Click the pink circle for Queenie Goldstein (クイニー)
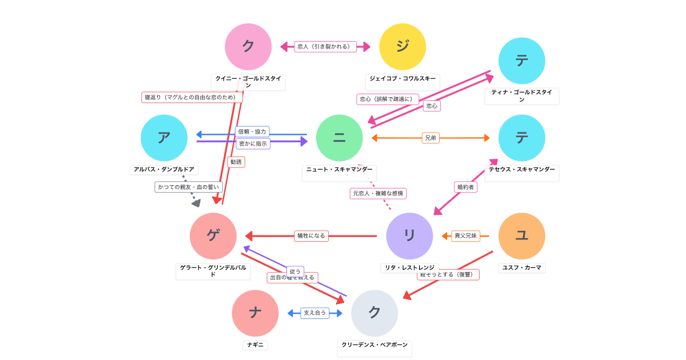[x=248, y=47]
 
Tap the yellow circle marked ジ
[x=402, y=47]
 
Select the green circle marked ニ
[x=340, y=138]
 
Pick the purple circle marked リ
[x=409, y=236]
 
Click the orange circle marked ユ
[x=521, y=236]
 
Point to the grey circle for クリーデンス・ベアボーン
[x=374, y=313]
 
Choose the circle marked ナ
[x=255, y=313]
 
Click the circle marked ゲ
[x=213, y=236]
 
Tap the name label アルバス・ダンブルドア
[x=164, y=170]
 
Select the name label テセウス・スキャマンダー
[x=521, y=170]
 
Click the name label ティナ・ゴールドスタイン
[x=521, y=95]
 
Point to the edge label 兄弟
[x=430, y=138]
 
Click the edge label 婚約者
[x=465, y=187]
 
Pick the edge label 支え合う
[x=315, y=313]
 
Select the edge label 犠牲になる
[x=311, y=236]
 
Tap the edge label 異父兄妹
[x=465, y=236]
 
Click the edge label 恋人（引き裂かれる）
[x=325, y=47]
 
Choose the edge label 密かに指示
[x=253, y=144]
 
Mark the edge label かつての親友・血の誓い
[x=188, y=187]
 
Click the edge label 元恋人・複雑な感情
[x=378, y=194]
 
